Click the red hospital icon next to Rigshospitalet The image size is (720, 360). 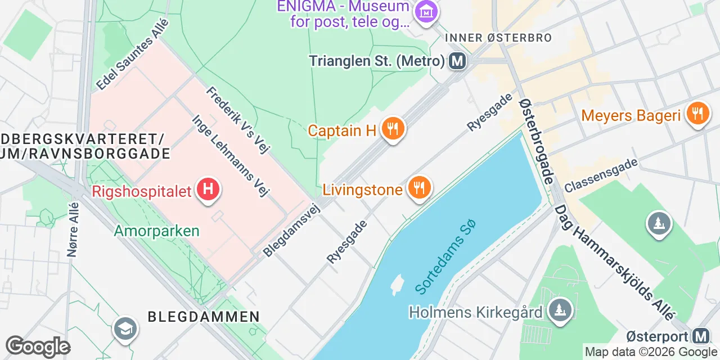(208, 188)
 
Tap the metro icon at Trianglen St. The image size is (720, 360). (457, 61)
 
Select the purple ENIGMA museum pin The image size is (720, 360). (426, 11)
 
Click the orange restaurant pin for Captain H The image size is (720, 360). (393, 129)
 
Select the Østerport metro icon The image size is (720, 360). (701, 336)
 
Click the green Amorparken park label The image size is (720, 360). (156, 231)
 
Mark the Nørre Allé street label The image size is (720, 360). (73, 229)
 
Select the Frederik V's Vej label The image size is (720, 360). (238, 120)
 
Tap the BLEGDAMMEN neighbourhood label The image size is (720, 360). (204, 316)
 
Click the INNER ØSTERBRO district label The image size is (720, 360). (498, 38)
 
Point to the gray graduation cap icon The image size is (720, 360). (124, 328)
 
